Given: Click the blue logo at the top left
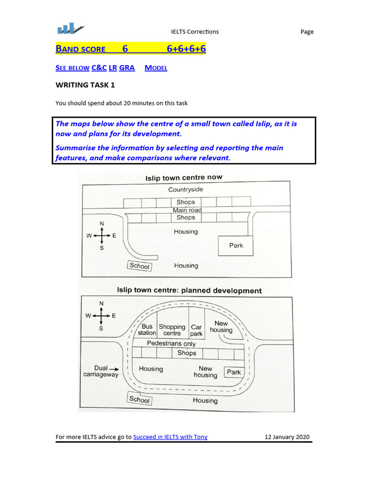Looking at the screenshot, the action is point(70,30).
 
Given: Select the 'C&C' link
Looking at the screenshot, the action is point(99,68).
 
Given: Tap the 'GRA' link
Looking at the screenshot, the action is point(126,68).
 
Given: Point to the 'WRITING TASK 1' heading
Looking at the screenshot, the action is point(85,85).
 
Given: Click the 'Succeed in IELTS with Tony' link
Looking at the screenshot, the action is point(170,436).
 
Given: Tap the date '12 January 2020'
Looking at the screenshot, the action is point(287,436).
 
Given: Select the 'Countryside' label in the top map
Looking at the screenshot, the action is point(185,189).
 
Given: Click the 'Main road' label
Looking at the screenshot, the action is point(187,210).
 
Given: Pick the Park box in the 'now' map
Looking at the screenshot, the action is point(236,245).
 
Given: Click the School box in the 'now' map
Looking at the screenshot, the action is point(139,266).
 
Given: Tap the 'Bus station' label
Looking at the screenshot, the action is point(147,330).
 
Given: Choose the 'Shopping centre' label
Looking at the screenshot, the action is point(172,330).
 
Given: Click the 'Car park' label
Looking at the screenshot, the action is point(196,330).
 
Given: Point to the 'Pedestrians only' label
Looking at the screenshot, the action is point(171,344).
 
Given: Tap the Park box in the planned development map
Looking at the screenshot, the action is point(234,372).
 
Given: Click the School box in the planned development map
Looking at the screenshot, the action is point(139,400).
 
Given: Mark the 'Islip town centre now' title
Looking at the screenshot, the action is point(184,178).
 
